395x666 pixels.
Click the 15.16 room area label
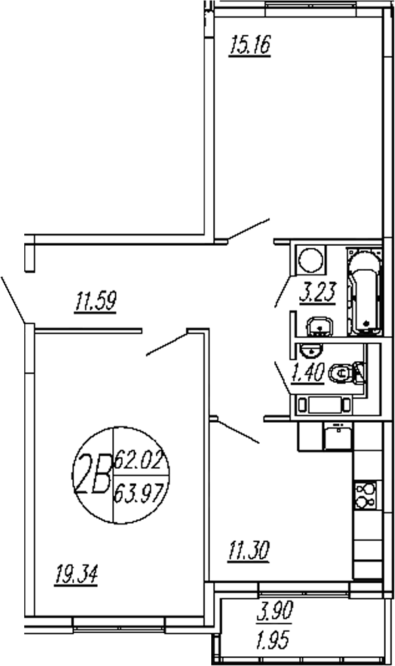click(x=249, y=47)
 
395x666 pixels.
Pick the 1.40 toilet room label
click(x=307, y=373)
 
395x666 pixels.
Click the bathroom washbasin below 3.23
click(x=320, y=325)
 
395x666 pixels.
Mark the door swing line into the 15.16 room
click(x=249, y=229)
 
